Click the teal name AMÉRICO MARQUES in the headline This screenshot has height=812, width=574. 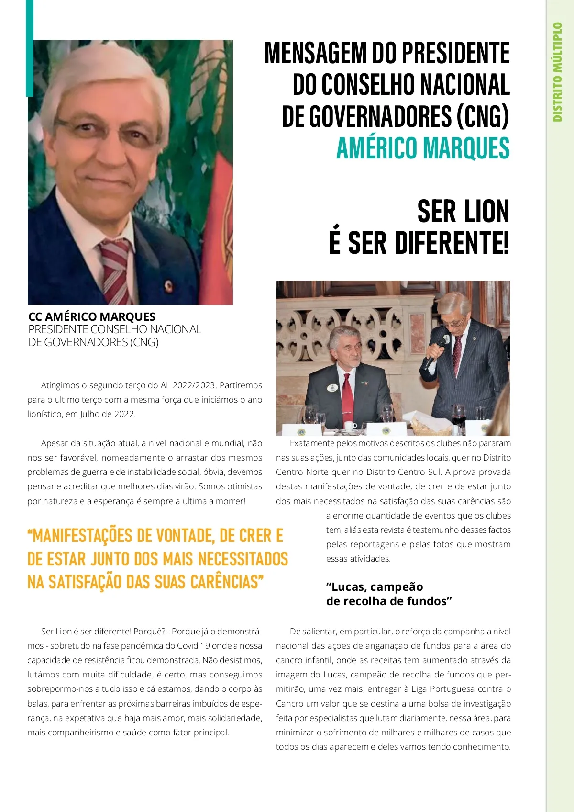[x=423, y=148]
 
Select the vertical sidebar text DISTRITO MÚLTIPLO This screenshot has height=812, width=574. [x=557, y=72]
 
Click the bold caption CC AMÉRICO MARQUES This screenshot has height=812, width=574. [x=92, y=316]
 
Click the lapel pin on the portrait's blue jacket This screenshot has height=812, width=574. [x=168, y=286]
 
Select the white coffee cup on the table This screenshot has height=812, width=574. [x=351, y=425]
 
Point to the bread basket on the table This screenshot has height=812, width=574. [x=430, y=424]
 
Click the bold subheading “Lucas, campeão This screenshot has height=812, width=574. [x=375, y=587]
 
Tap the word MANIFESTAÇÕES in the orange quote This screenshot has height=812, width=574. [x=82, y=536]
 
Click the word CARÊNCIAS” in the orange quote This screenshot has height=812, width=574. [x=227, y=582]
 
